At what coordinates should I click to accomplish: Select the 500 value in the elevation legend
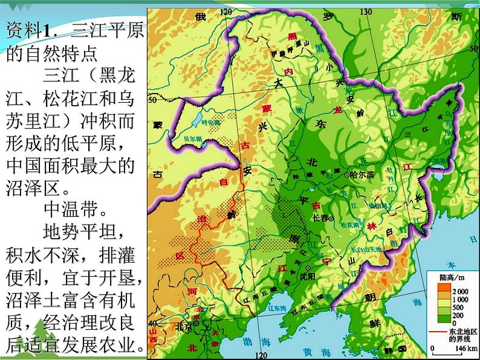click(458, 306)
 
